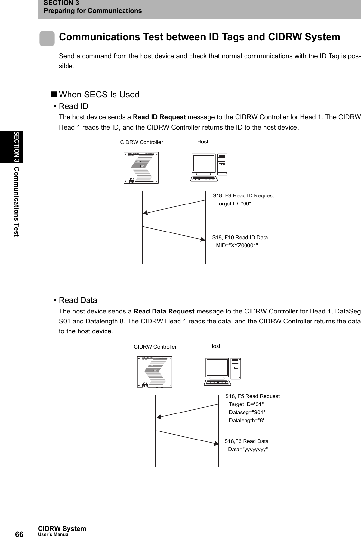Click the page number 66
[x=19, y=534]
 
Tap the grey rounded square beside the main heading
[x=47, y=39]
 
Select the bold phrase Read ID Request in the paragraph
[x=159, y=117]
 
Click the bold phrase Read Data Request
[x=164, y=311]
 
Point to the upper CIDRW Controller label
[x=142, y=142]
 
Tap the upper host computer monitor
[x=203, y=164]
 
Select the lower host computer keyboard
[x=218, y=382]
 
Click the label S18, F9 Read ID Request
[x=243, y=195]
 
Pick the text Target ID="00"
[x=234, y=204]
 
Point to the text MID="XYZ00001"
[x=237, y=246]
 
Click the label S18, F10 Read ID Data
[x=240, y=238]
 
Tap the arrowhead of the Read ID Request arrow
[x=146, y=213]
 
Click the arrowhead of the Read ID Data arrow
[x=203, y=239]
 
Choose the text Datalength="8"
[x=247, y=420]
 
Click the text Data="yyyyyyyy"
[x=248, y=450]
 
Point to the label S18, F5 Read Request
[x=252, y=396]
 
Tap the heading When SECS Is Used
[x=99, y=95]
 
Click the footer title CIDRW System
[x=62, y=529]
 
